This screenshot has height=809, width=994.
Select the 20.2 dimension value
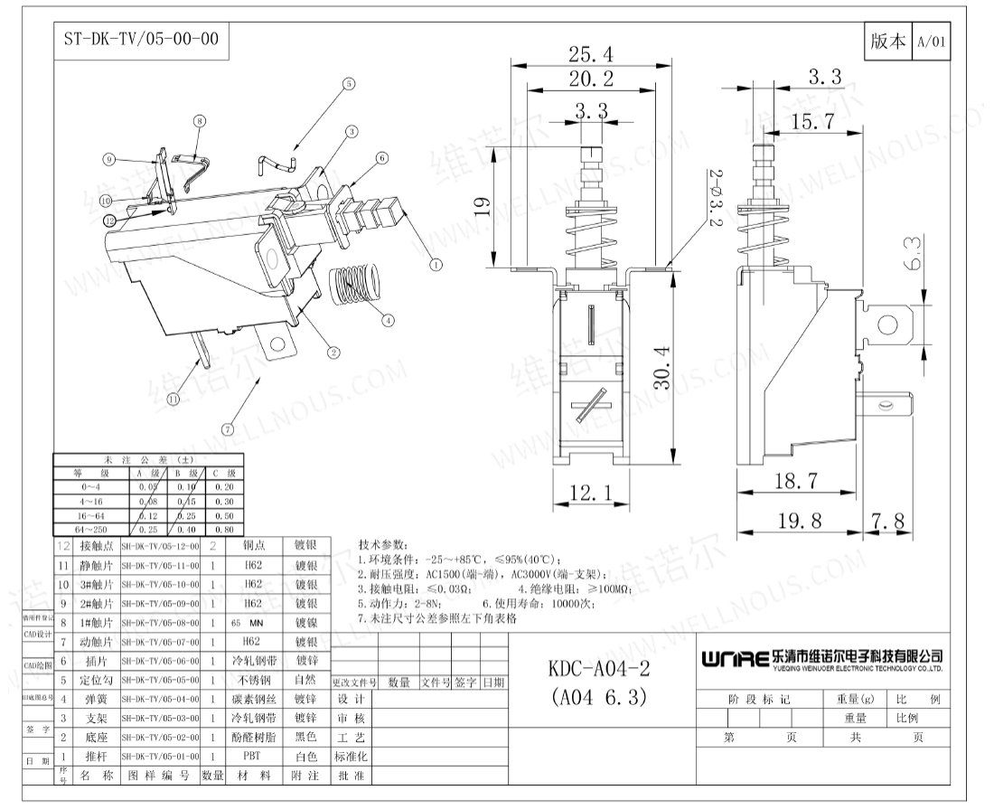(592, 79)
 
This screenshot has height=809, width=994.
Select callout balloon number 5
(348, 85)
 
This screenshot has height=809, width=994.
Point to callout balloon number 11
(171, 397)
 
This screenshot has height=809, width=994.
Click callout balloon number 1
(436, 265)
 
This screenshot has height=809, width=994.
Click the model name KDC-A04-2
(599, 669)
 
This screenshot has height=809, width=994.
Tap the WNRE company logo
(736, 657)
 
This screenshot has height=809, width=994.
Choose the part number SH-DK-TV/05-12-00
(160, 546)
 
